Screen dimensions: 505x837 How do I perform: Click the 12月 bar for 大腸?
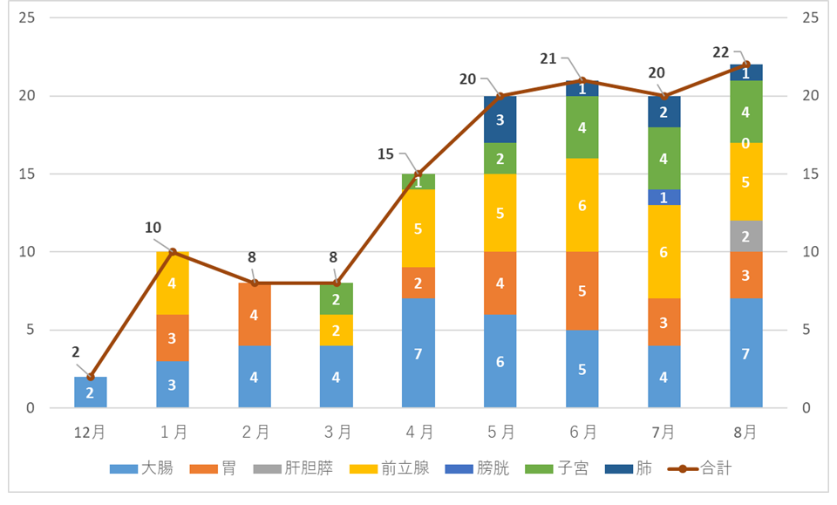click(91, 392)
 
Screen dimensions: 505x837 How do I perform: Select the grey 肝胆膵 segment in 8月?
click(746, 236)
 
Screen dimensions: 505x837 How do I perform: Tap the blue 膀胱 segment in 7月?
click(664, 197)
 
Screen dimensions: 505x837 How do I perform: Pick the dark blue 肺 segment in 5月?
click(500, 119)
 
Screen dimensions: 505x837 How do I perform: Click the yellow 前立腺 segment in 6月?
click(582, 205)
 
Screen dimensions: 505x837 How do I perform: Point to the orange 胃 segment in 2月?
click(255, 315)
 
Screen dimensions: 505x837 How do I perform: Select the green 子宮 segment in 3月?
click(337, 299)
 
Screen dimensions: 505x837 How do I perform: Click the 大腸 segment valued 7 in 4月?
click(418, 353)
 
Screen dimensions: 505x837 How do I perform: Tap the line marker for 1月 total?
click(173, 252)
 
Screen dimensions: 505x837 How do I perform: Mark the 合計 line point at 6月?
click(582, 80)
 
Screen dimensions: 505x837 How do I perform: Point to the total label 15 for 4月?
click(385, 154)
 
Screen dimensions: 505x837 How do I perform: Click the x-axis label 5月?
click(500, 431)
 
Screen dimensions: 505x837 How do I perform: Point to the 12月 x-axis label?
click(91, 431)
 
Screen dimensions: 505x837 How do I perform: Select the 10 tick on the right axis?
click(810, 252)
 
